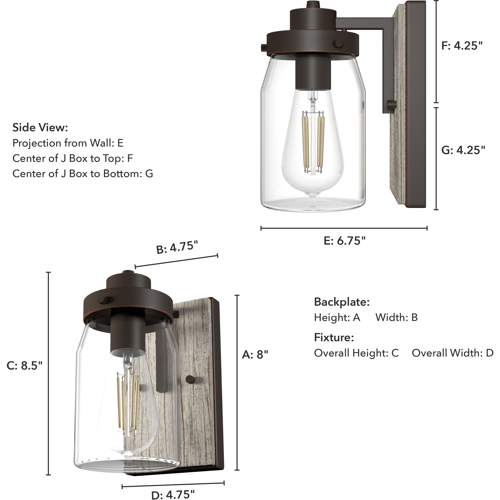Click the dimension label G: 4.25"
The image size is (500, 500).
[x=463, y=150]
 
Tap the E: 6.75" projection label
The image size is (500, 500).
[x=344, y=241]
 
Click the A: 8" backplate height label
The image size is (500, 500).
[x=255, y=355]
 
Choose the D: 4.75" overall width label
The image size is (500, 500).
[x=173, y=494]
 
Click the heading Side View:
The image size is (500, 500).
[x=40, y=128]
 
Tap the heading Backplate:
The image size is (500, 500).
[x=342, y=302]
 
